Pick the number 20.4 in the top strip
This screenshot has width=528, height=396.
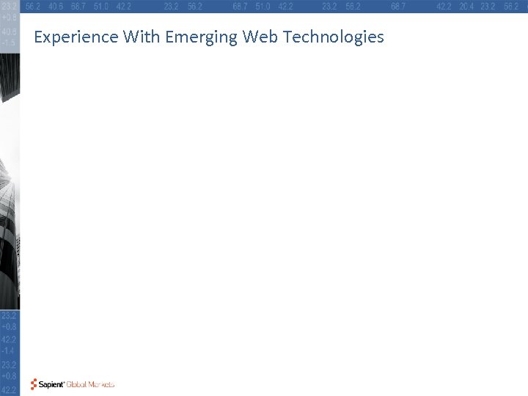466,6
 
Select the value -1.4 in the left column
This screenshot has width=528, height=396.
10,352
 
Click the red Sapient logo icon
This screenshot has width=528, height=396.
34,384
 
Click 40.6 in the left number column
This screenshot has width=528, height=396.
10,32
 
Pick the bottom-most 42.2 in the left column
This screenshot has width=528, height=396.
10,389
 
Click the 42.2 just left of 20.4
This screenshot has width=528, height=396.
444,6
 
